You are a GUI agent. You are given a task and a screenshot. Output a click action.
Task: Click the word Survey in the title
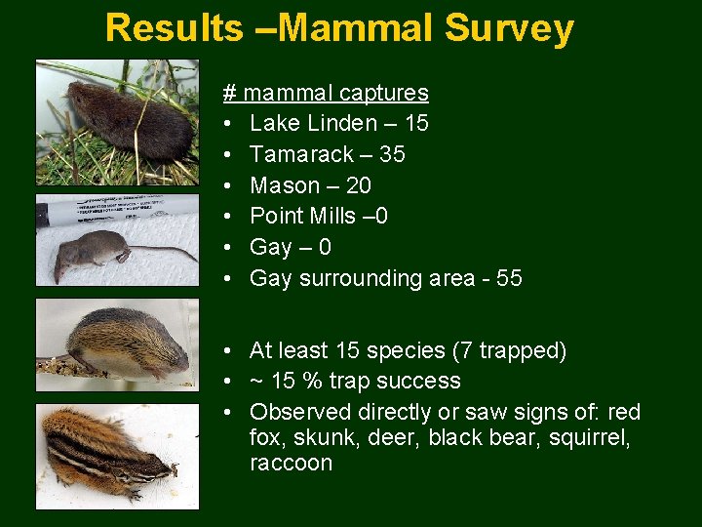tap(509, 28)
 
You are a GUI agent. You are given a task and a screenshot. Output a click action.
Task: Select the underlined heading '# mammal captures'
tap(326, 93)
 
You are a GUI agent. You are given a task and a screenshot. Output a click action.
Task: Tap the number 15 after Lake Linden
tap(415, 124)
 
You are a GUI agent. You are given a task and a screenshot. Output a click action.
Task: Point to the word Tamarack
tap(301, 154)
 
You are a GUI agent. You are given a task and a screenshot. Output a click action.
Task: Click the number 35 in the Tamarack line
tap(392, 154)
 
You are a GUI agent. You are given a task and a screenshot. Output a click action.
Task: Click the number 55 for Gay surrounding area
tap(509, 278)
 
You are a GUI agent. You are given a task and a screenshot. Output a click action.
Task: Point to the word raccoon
tap(291, 463)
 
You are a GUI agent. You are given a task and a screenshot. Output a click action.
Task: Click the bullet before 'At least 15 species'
tap(226, 350)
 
